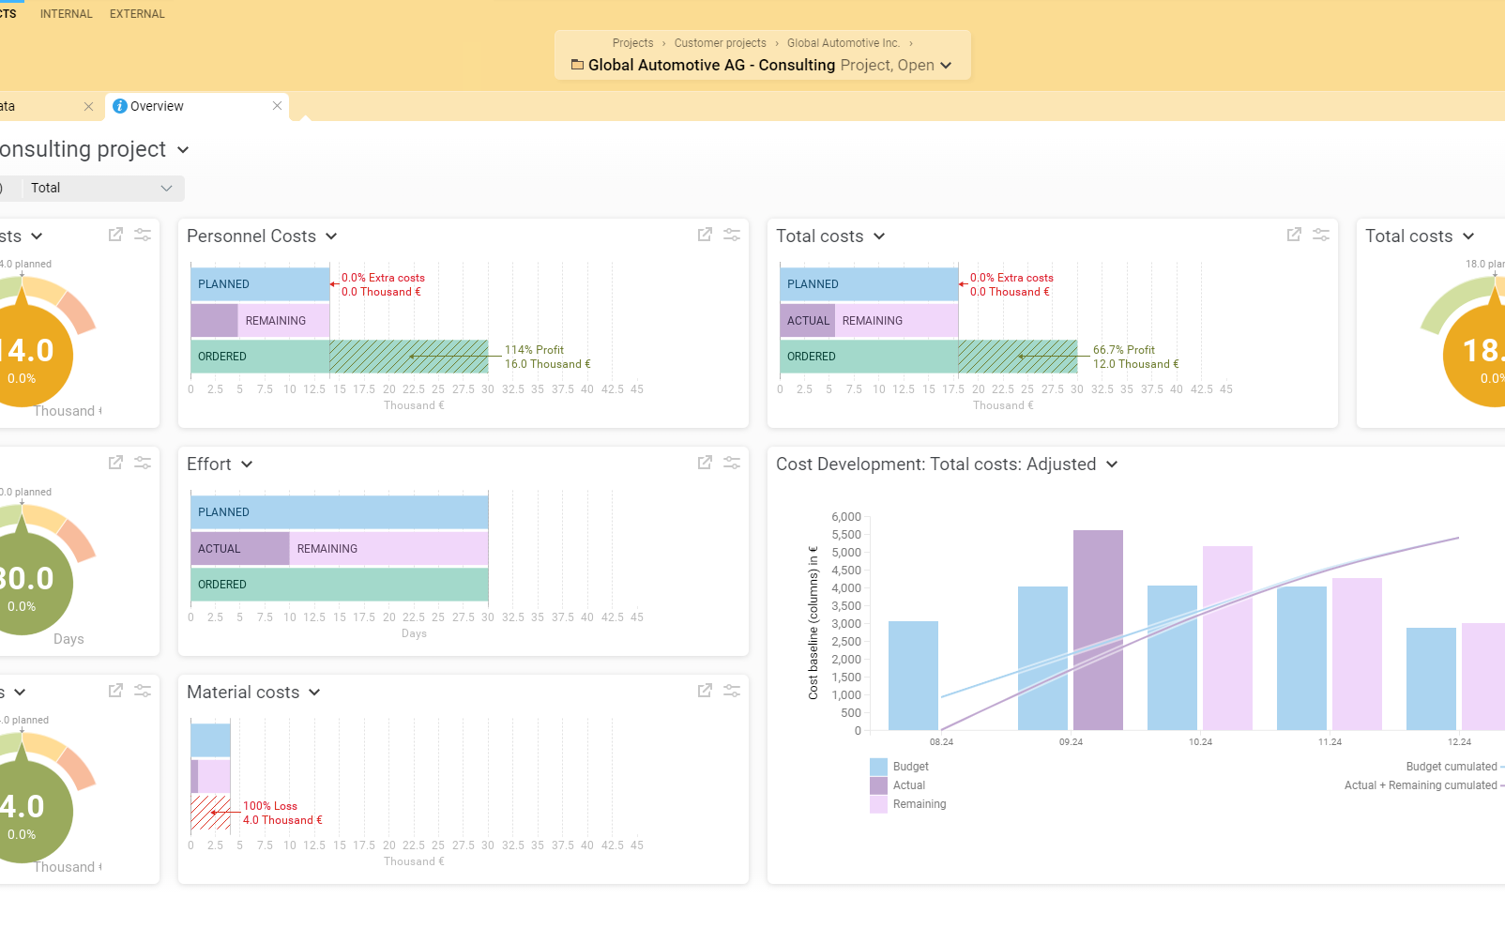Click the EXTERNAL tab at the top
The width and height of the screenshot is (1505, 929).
[x=137, y=14]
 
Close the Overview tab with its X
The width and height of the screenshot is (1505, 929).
[x=277, y=106]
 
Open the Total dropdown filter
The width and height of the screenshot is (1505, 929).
[x=101, y=188]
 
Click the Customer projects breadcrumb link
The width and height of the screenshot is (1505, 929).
[x=720, y=43]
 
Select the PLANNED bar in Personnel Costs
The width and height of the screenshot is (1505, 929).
[x=260, y=284]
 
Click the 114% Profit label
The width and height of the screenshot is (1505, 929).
[x=534, y=350]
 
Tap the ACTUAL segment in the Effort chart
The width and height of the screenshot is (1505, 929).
[x=240, y=549]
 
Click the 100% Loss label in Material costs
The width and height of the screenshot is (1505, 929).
[x=270, y=806]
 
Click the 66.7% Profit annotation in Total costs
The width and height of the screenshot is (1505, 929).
[x=1123, y=350]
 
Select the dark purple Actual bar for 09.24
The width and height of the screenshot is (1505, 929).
[x=1098, y=630]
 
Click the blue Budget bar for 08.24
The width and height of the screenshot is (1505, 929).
[x=913, y=676]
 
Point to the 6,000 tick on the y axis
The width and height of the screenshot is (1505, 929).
[x=845, y=517]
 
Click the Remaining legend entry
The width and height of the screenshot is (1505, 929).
[x=919, y=804]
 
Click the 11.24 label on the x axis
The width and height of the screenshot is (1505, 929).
[x=1330, y=742]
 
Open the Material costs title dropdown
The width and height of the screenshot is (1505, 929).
[x=314, y=693]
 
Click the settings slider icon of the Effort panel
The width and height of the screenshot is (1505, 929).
[x=732, y=463]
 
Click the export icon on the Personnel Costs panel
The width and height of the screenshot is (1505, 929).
[x=705, y=235]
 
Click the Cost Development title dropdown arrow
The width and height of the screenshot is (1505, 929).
[x=1112, y=464]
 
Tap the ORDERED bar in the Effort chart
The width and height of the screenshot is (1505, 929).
[x=339, y=585]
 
